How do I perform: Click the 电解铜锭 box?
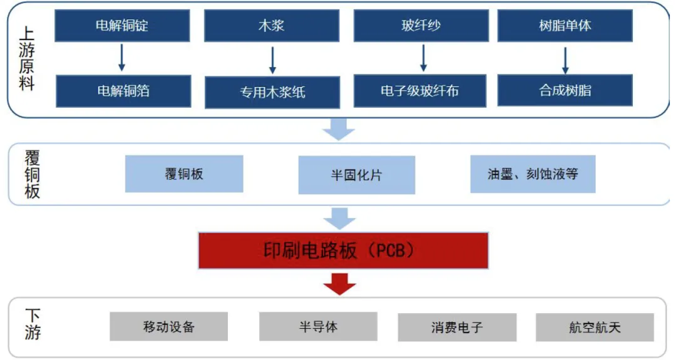[122, 26]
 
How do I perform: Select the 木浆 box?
[272, 26]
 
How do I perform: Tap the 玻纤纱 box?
[421, 26]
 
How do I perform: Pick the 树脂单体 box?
[565, 26]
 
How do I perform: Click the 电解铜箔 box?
[123, 91]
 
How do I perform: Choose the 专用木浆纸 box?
[272, 92]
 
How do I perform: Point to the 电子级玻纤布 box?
[420, 91]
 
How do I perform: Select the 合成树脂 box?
[565, 90]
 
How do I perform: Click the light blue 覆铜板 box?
[184, 174]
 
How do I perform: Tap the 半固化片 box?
[357, 175]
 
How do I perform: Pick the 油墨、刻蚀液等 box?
[533, 174]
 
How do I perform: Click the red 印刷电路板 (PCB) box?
[343, 250]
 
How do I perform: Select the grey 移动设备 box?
[168, 327]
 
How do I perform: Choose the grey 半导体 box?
[318, 327]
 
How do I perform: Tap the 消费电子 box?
[457, 327]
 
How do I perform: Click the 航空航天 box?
[595, 327]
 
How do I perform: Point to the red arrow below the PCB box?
[340, 284]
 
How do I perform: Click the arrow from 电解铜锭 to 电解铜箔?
[121, 58]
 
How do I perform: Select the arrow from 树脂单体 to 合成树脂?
[565, 60]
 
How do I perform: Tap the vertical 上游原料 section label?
[27, 58]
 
